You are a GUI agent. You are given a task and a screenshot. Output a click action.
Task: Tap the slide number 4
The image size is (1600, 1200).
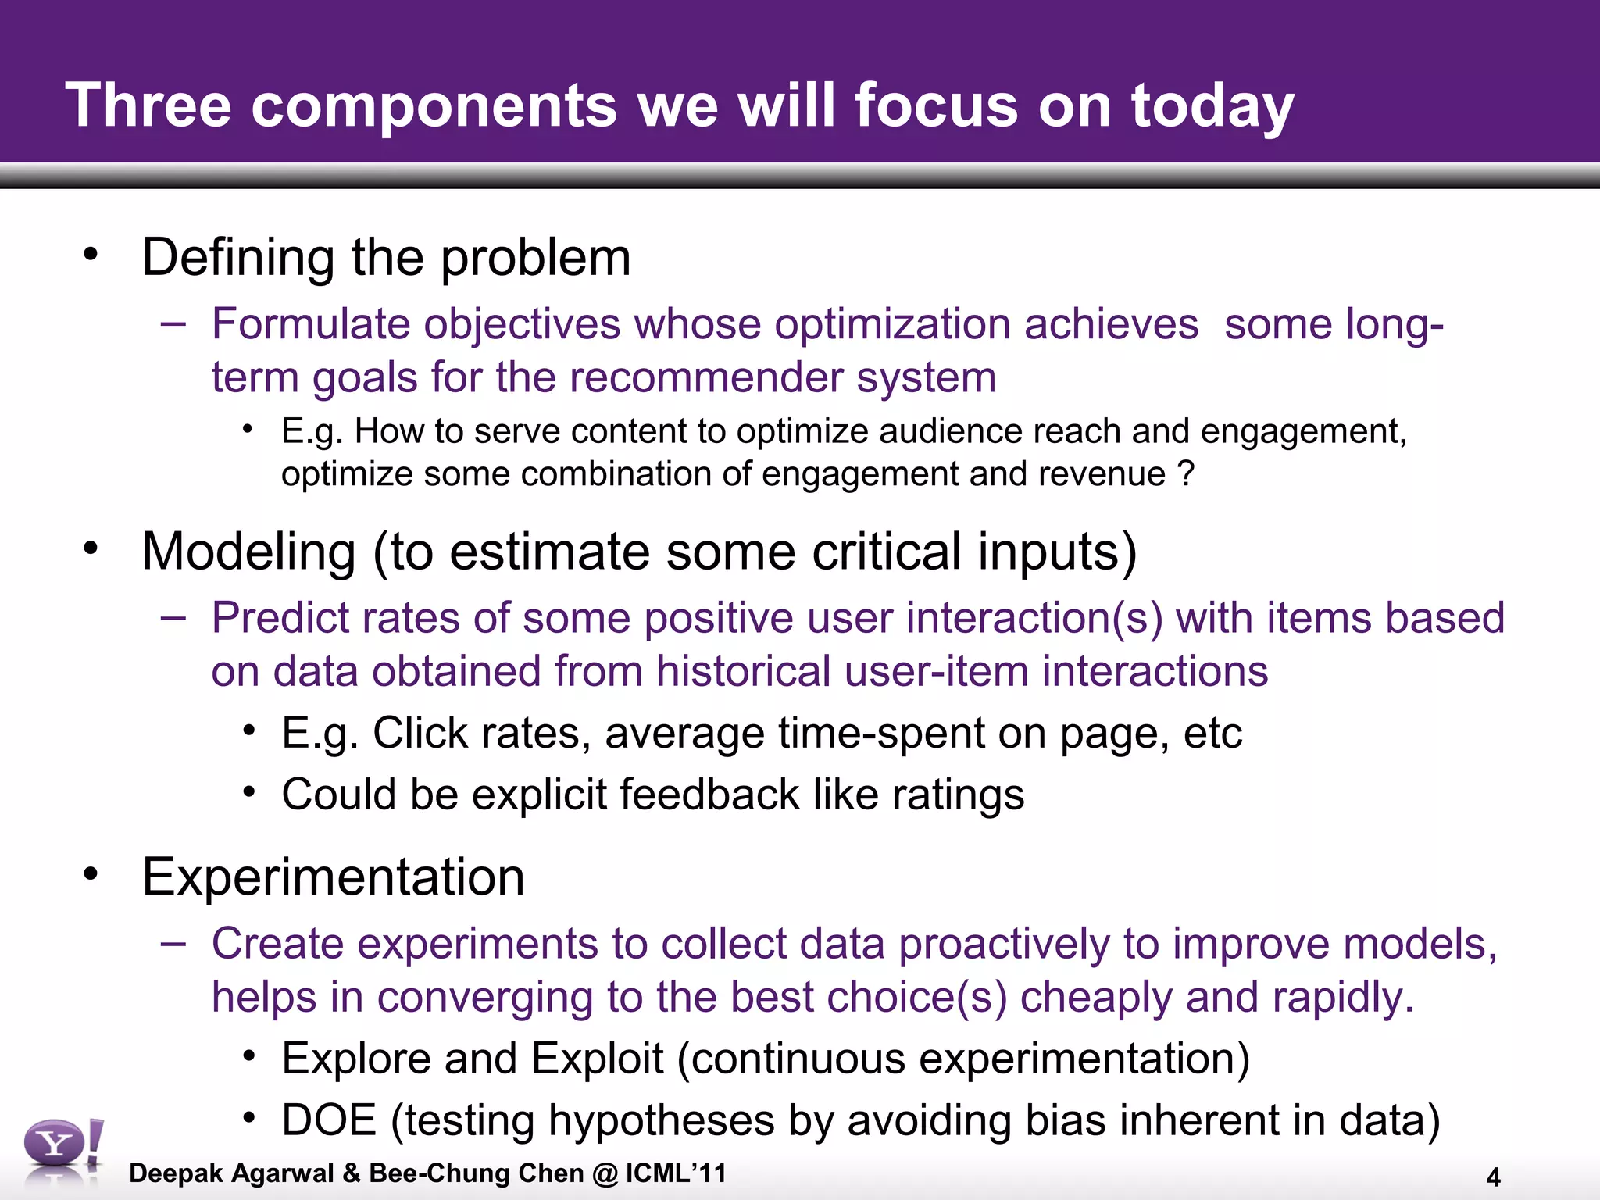tap(1493, 1177)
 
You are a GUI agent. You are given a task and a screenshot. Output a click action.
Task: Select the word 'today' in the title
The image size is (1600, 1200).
tap(1212, 107)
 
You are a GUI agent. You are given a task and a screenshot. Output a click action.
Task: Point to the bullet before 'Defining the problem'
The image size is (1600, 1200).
tap(91, 254)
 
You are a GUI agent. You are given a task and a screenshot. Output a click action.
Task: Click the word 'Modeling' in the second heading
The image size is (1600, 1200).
tap(249, 552)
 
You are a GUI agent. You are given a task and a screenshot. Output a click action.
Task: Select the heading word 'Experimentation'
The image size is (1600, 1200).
tap(333, 877)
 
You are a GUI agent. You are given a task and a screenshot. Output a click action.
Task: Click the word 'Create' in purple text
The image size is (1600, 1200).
tap(277, 944)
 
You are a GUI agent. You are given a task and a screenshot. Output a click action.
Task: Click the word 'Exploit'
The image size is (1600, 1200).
tap(597, 1059)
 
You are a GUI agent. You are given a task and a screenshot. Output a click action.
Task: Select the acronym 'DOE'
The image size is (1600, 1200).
tap(329, 1120)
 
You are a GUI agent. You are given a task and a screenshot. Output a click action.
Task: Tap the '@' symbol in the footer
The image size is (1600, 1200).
tap(605, 1173)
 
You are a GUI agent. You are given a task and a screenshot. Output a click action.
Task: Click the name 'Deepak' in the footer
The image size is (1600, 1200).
tap(176, 1173)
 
